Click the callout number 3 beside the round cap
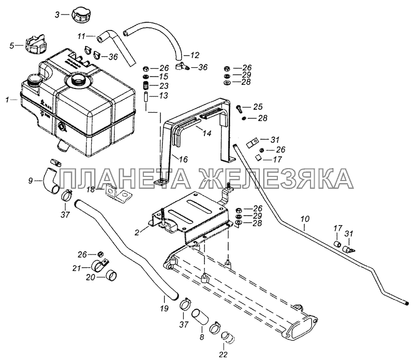click(x=57, y=15)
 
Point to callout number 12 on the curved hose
click(x=195, y=55)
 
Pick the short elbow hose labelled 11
click(x=108, y=38)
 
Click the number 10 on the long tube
click(x=304, y=226)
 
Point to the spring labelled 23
click(x=147, y=86)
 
